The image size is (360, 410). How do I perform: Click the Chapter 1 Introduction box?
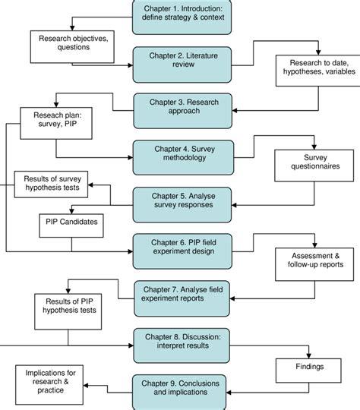coord(182,17)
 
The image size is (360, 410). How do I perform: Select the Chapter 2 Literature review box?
coord(182,65)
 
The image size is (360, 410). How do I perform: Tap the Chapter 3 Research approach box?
coord(182,111)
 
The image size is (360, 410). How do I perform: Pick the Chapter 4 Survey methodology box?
coord(183,158)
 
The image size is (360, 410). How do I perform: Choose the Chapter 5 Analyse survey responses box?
coord(182,205)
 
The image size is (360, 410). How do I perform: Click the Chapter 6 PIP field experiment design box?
coord(182,251)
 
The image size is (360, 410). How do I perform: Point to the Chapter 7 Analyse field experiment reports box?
coord(182,298)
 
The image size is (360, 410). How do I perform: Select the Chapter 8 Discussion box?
coord(182,345)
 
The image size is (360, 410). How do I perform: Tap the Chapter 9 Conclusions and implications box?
coord(179,393)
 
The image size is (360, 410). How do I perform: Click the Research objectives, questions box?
coord(72,47)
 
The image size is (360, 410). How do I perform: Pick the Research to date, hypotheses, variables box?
coord(318,71)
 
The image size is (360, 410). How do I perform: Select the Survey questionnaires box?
coord(314,166)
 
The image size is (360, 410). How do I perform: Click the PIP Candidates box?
coord(71,225)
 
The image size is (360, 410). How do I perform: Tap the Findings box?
coord(308,371)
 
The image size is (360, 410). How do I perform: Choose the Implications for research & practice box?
coord(49,385)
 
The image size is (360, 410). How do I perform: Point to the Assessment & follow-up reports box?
coord(314,264)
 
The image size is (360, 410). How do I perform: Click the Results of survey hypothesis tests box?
coord(51,184)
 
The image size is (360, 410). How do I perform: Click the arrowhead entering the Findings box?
coord(308,356)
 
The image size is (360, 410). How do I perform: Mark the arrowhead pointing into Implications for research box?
coord(86,386)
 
